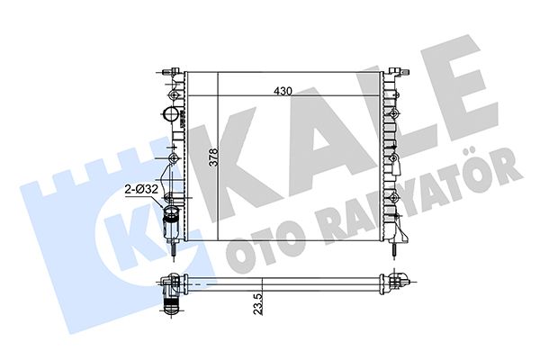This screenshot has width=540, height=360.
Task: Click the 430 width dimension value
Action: [x=283, y=91]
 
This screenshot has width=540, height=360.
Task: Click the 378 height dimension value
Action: [x=214, y=157]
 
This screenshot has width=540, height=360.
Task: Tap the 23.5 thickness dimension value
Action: [x=258, y=304]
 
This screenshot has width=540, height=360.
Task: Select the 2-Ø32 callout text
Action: [x=141, y=189]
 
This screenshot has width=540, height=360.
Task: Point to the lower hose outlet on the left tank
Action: [x=171, y=222]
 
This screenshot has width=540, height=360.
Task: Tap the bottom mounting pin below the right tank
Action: [x=392, y=250]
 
